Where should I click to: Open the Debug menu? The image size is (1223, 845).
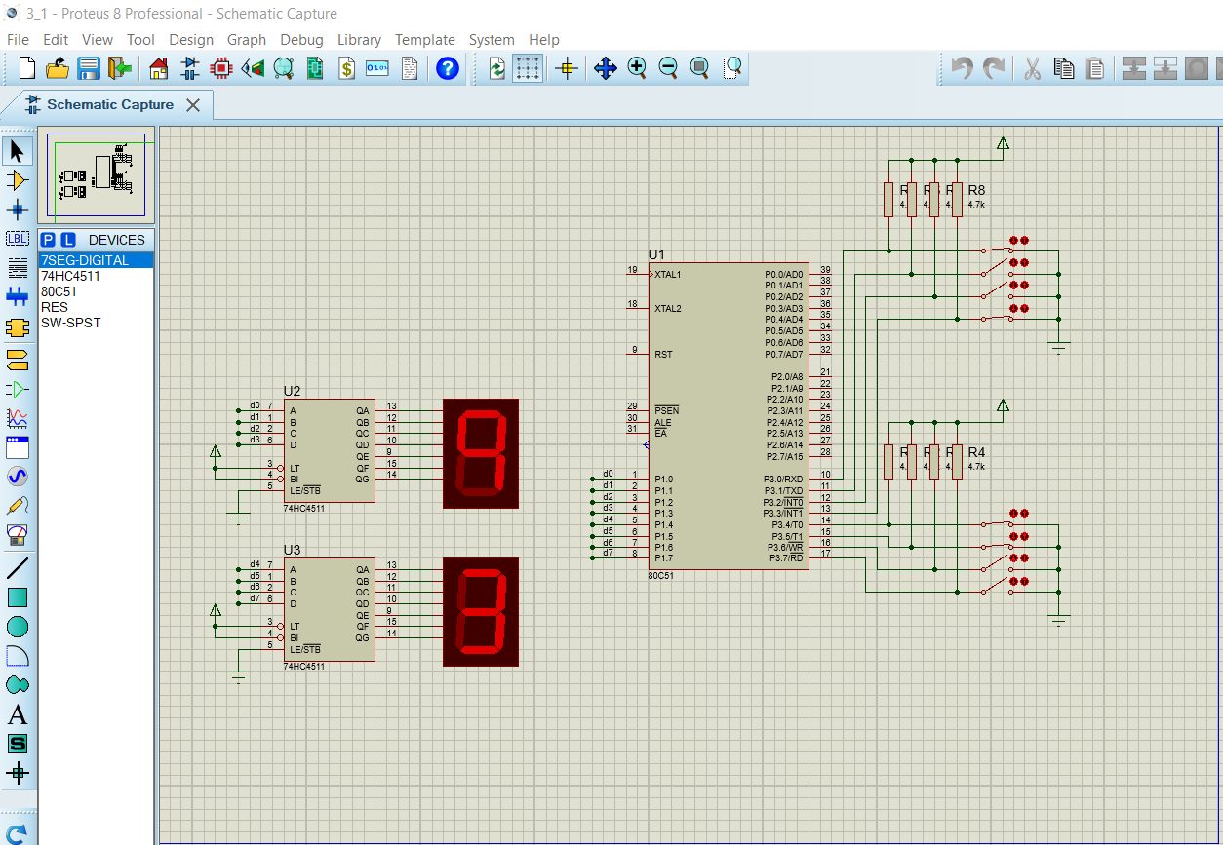301,40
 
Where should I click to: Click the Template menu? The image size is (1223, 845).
424,40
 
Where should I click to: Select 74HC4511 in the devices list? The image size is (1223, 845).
70,276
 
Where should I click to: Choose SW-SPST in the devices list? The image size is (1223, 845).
70,323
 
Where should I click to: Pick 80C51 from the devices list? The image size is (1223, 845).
59,291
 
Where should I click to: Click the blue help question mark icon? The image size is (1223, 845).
447,68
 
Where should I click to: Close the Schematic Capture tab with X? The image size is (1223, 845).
193,105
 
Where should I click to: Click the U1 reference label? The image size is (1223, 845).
655,254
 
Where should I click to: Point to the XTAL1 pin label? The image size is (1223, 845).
668,275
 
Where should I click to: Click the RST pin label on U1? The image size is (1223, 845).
663,355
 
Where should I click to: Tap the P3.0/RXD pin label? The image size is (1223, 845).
783,480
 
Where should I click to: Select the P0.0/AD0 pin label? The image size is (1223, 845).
784,275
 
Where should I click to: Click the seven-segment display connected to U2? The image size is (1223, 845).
481,453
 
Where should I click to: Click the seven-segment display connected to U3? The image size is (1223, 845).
481,612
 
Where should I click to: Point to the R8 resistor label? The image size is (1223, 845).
976,190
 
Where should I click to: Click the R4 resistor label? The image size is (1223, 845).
976,453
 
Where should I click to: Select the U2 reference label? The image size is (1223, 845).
292,392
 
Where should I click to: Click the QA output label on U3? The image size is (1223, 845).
363,569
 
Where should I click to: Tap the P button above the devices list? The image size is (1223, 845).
48,240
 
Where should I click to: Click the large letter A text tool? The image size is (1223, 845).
18,715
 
